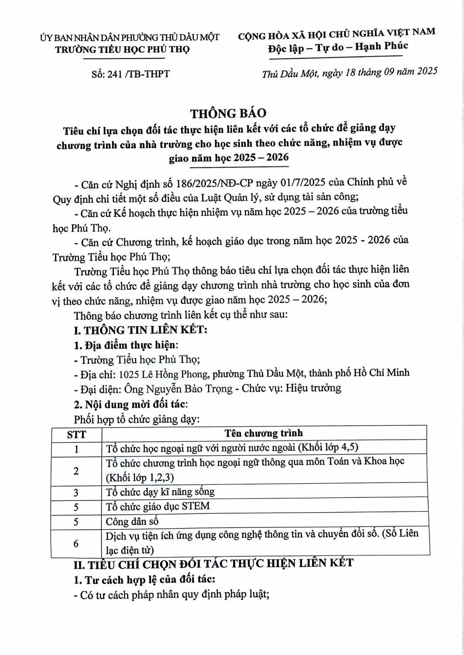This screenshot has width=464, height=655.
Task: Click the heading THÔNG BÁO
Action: [x=228, y=113]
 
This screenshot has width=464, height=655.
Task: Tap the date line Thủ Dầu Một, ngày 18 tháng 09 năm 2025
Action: [x=349, y=72]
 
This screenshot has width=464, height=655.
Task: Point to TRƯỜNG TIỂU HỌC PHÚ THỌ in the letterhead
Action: [x=122, y=49]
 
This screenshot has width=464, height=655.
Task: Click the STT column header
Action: [x=76, y=434]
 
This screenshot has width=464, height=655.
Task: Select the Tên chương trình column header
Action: [x=263, y=433]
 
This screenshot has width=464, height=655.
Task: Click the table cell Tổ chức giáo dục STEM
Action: [x=158, y=506]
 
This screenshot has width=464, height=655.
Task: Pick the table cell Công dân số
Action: [x=132, y=521]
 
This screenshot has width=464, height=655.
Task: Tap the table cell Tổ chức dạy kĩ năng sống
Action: [x=160, y=492]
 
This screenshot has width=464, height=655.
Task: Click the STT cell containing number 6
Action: [x=76, y=543]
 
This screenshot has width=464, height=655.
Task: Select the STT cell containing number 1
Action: [x=76, y=449]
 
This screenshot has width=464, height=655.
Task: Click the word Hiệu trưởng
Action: [x=313, y=388]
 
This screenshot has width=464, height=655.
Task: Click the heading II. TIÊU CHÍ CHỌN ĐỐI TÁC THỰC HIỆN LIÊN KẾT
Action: [x=213, y=564]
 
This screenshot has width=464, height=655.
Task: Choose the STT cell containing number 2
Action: [x=76, y=470]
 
